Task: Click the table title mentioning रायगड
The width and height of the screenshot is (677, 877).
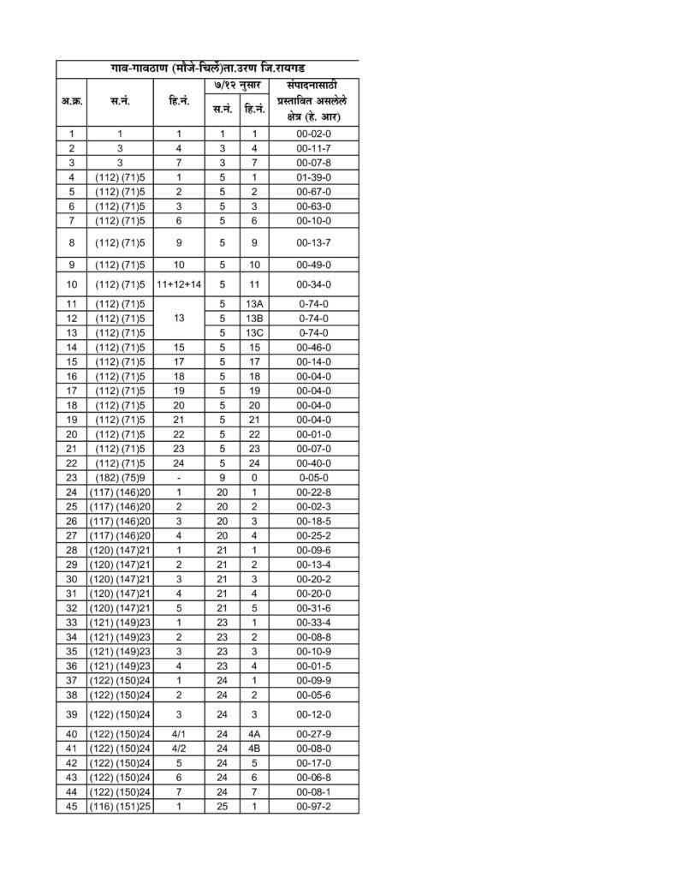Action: coord(207,68)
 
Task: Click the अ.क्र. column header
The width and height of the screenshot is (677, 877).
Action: coord(72,101)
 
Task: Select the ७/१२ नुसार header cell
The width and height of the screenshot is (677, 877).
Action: coord(238,87)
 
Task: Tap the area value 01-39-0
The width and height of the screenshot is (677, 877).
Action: coord(313,176)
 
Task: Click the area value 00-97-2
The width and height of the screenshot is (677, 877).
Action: coord(313,806)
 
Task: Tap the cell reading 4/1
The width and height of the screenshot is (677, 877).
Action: coord(179,733)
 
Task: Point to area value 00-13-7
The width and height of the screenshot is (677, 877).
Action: coord(313,242)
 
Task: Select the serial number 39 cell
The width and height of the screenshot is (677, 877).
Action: coord(72,713)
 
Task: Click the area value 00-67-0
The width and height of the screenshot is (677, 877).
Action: coord(313,191)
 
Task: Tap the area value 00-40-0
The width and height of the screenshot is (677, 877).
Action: coord(313,462)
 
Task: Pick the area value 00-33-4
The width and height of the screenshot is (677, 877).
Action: coord(313,622)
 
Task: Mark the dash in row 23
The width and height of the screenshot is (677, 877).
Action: coord(179,476)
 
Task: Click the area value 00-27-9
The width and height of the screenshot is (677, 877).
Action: coord(313,733)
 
